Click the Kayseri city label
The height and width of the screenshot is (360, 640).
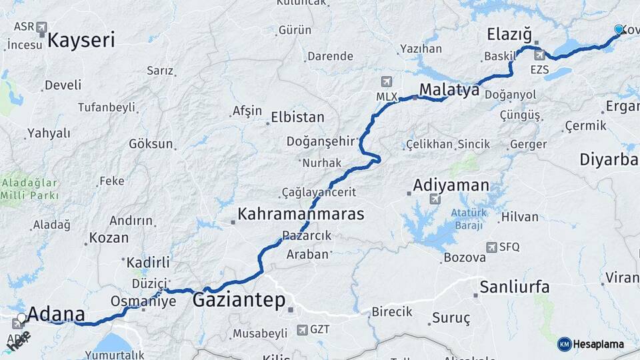pyautogui.click(x=81, y=40)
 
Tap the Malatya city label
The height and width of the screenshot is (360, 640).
pyautogui.click(x=449, y=90)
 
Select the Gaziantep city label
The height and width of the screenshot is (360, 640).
pyautogui.click(x=239, y=301)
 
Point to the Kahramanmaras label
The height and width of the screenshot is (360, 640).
pyautogui.click(x=301, y=215)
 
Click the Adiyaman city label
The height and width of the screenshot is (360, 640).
pyautogui.click(x=451, y=185)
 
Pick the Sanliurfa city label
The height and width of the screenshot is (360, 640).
pyautogui.click(x=515, y=287)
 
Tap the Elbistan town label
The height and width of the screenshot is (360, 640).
pyautogui.click(x=297, y=118)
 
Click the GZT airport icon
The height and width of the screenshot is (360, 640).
pyautogui.click(x=303, y=329)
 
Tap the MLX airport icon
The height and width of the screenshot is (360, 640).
pyautogui.click(x=386, y=82)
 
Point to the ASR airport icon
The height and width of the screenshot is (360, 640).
pyautogui.click(x=42, y=27)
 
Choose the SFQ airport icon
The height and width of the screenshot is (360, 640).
pyautogui.click(x=492, y=247)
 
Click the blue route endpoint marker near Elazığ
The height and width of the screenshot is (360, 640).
pyautogui.click(x=618, y=29)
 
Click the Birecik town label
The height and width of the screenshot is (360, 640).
pyautogui.click(x=392, y=312)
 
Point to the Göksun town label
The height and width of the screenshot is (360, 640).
pyautogui.click(x=151, y=143)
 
